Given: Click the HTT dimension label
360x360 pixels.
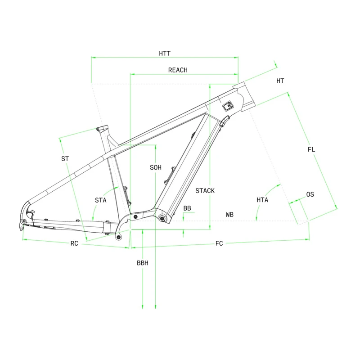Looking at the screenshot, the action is (165, 54).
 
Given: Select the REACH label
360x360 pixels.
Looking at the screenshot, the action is (178, 70).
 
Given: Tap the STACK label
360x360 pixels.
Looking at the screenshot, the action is (205, 190).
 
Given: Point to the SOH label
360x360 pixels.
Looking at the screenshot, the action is (155, 167).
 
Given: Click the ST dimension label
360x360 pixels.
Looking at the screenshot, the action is (65, 159).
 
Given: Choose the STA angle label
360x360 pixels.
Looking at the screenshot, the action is (100, 200).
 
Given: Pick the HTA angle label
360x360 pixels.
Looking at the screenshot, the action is (262, 200).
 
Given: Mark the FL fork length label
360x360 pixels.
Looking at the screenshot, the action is (311, 149).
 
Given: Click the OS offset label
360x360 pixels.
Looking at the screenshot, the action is (310, 194).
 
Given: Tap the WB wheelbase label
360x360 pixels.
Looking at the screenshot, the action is (229, 215).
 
